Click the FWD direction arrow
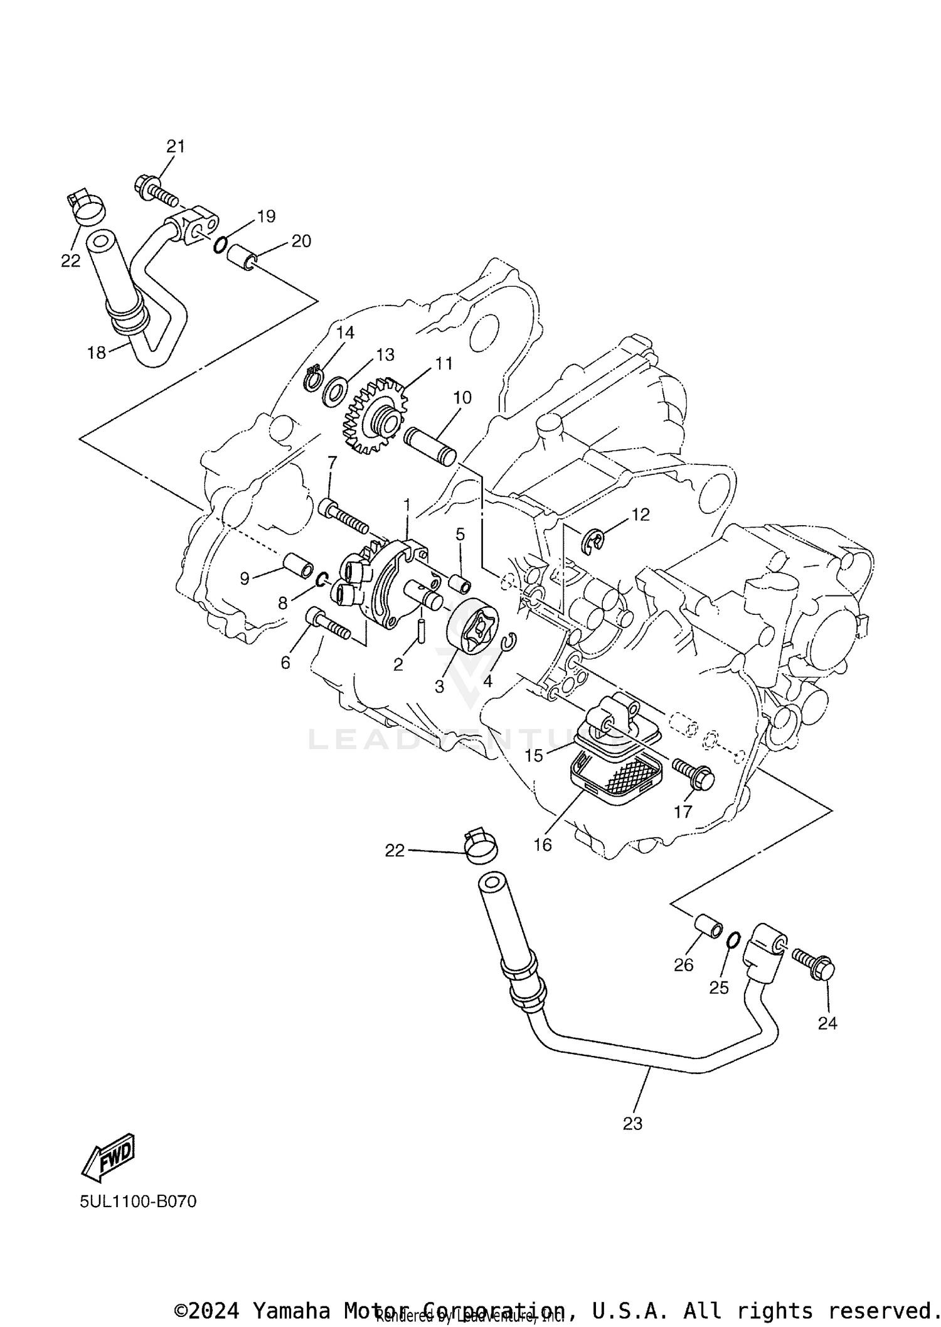(109, 1153)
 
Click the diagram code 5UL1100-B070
(138, 1201)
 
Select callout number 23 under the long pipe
(632, 1123)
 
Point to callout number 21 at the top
(176, 146)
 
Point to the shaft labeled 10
(432, 445)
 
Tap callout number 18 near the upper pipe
(97, 353)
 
